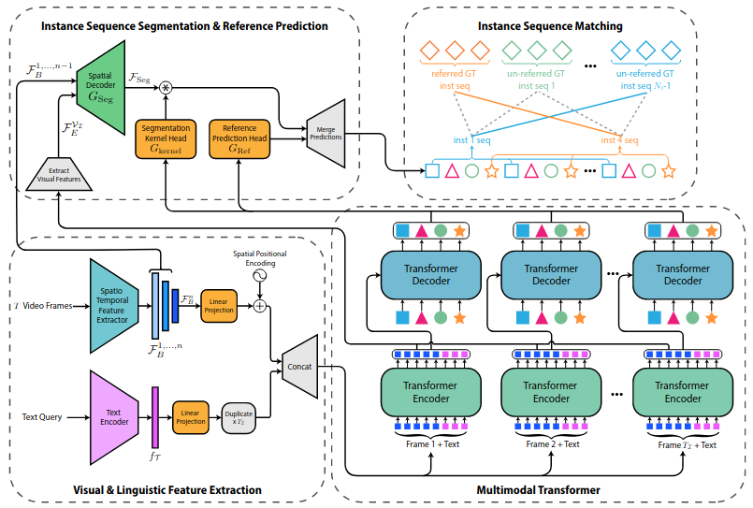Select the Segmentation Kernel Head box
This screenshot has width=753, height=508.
click(x=167, y=139)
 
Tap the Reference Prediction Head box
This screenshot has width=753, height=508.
click(x=238, y=139)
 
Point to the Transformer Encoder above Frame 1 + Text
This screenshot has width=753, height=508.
click(x=431, y=392)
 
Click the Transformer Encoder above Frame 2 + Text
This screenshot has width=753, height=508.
click(x=551, y=392)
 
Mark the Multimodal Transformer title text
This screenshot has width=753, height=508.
click(x=537, y=489)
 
